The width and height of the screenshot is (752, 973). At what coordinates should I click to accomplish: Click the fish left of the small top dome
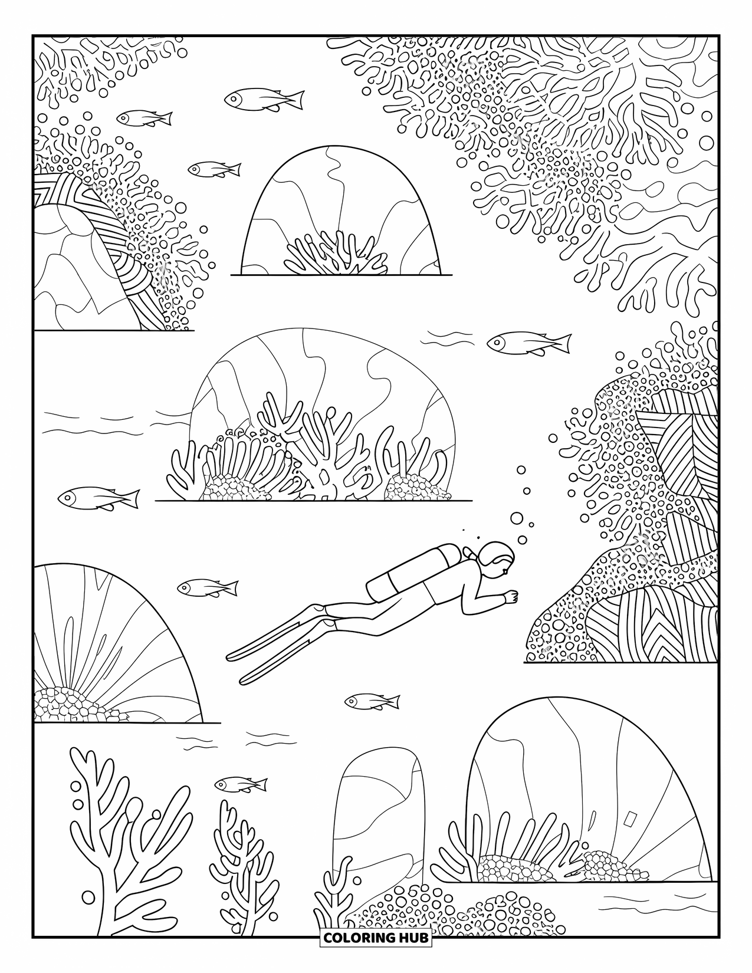[x=214, y=169]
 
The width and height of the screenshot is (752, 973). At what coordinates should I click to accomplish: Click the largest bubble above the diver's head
[x=517, y=518]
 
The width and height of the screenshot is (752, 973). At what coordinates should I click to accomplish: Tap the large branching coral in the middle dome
[x=313, y=448]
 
